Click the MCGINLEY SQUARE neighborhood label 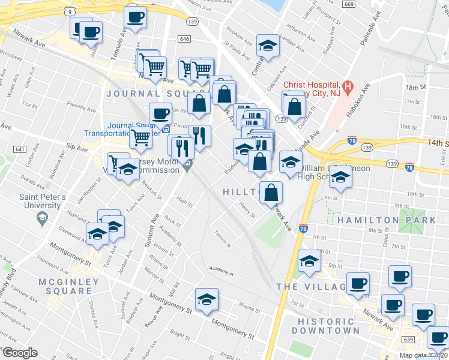(64, 286)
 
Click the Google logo (20, 353)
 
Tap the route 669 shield (349, 4)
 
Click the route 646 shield (184, 38)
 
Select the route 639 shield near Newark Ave (408, 340)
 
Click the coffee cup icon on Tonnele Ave (136, 16)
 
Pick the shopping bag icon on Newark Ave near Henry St (271, 193)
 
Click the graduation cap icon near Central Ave (267, 46)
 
